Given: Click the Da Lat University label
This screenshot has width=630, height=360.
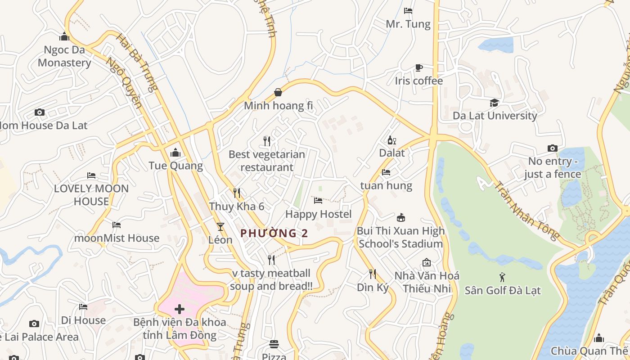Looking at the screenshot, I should pos(495,116).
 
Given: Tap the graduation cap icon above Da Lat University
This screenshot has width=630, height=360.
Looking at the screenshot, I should pos(495,103).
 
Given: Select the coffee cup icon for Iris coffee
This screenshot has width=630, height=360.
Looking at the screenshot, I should pos(419,68).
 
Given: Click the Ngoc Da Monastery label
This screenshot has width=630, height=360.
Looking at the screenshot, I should pos(64,56).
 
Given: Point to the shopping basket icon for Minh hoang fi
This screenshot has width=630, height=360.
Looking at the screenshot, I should pos(278,93).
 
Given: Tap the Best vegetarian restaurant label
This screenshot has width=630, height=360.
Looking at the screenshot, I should pos(267,161).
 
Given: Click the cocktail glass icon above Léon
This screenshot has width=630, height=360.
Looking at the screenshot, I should pos(220,226).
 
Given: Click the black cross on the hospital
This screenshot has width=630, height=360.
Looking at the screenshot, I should pos(180,309).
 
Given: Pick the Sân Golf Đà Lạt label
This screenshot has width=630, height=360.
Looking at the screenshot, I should pos(503,290).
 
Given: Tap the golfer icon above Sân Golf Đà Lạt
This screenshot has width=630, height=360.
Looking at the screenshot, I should pos(502,277).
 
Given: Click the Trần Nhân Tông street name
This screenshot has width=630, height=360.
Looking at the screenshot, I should pos(526,211).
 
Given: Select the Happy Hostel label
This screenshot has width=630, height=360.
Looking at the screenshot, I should pos(318,214).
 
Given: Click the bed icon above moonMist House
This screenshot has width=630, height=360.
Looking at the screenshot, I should pos(117,225).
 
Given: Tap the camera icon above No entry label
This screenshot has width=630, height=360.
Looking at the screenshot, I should pos(552,148).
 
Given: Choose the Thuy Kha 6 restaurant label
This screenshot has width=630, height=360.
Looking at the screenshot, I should pos(236,207).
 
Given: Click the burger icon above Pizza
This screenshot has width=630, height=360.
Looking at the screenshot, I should pos(274,344).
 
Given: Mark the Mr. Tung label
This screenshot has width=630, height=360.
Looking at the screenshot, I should pos(408,24).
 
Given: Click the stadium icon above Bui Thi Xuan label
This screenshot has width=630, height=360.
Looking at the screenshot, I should pos(400,218).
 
